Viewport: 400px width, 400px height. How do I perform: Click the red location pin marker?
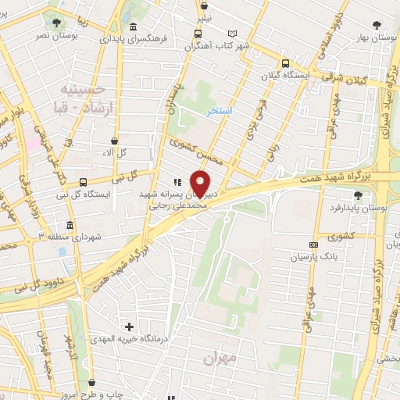201,183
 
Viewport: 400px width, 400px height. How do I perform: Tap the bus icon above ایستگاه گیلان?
284,63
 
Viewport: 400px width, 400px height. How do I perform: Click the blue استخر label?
220,112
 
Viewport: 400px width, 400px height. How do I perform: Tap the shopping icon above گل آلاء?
115,141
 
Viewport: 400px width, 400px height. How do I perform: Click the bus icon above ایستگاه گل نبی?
61,181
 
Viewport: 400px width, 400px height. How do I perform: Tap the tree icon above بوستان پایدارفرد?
358,195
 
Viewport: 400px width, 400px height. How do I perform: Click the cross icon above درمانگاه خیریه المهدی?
129,326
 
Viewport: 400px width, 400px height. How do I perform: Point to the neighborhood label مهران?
220,359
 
